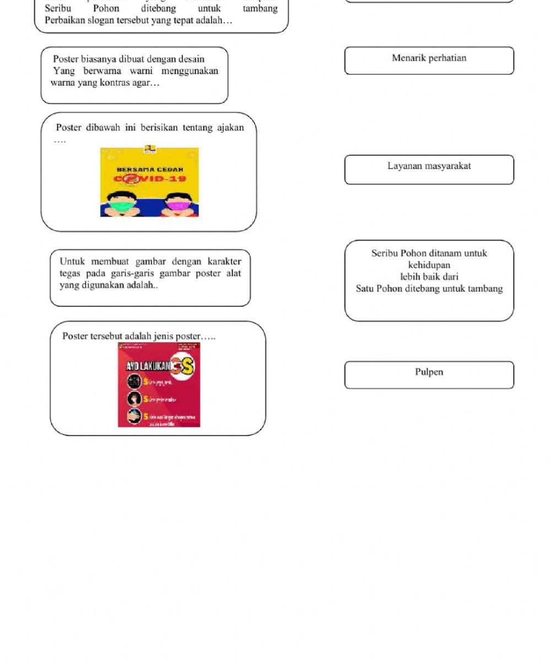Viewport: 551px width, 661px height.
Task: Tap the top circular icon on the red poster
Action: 134,381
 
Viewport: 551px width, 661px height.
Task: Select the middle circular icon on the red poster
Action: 134,398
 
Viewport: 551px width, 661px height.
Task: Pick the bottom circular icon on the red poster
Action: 134,416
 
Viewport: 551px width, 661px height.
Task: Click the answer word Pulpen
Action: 429,372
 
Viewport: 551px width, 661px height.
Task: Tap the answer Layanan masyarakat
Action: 429,166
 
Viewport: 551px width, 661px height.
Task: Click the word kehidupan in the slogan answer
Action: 429,265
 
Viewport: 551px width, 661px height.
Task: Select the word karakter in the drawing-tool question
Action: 224,261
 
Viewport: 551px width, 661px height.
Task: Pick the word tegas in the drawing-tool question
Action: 70,273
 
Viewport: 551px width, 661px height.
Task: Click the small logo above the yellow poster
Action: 149,149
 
